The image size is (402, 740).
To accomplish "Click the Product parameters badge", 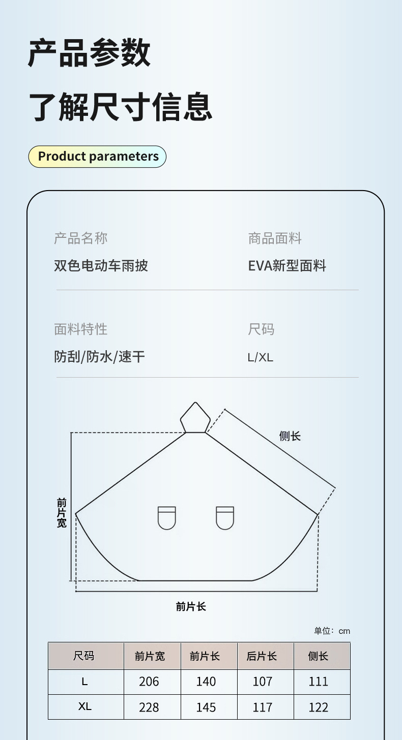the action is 98,156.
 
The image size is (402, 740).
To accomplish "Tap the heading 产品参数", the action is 89,53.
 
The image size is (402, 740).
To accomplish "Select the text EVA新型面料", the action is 287,266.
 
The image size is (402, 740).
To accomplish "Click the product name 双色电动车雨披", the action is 101,265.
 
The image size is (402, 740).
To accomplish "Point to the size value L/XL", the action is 260,357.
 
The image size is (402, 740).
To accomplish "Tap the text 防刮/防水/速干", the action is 100,357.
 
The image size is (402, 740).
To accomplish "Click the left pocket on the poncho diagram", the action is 166,518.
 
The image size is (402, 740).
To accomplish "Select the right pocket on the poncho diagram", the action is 225,518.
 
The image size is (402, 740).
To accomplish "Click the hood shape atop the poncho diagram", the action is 195,418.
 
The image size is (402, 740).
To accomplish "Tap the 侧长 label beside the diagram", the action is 290,436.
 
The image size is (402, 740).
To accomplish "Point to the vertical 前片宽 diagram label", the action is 62,513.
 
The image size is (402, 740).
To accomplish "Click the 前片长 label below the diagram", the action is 191,606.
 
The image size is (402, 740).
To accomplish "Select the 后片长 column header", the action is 262,656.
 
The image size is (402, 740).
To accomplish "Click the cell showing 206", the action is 149,682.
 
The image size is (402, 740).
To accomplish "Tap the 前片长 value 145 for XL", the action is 206,707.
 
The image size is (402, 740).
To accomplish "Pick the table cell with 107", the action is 263,682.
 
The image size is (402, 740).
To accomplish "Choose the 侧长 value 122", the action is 319,707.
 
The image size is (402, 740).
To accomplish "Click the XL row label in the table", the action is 85,706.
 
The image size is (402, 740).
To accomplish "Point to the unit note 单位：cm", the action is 332,631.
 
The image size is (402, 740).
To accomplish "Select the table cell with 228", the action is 149,707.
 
